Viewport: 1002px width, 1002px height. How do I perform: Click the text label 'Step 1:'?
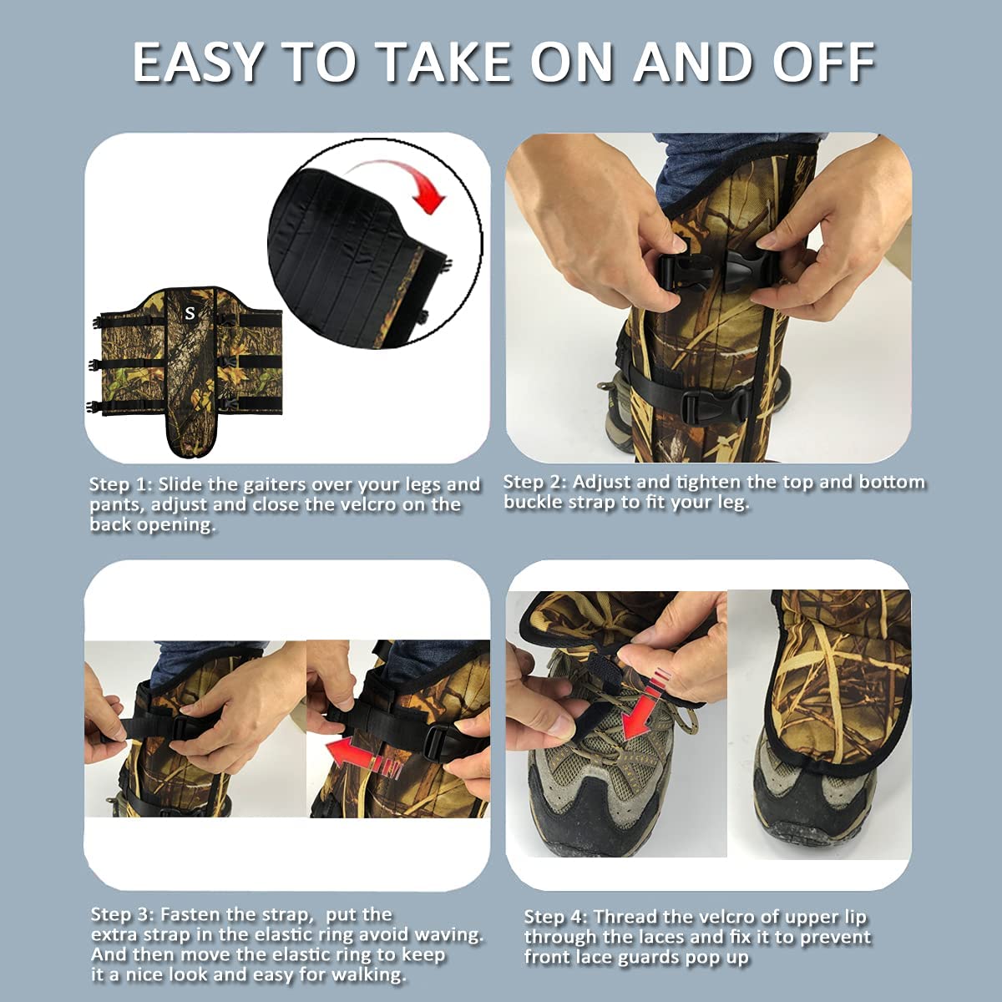pos(121,484)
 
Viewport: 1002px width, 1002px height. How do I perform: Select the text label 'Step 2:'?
pos(534,482)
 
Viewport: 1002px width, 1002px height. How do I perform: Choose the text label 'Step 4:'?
pos(556,917)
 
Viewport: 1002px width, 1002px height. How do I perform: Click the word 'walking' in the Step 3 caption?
pos(368,974)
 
